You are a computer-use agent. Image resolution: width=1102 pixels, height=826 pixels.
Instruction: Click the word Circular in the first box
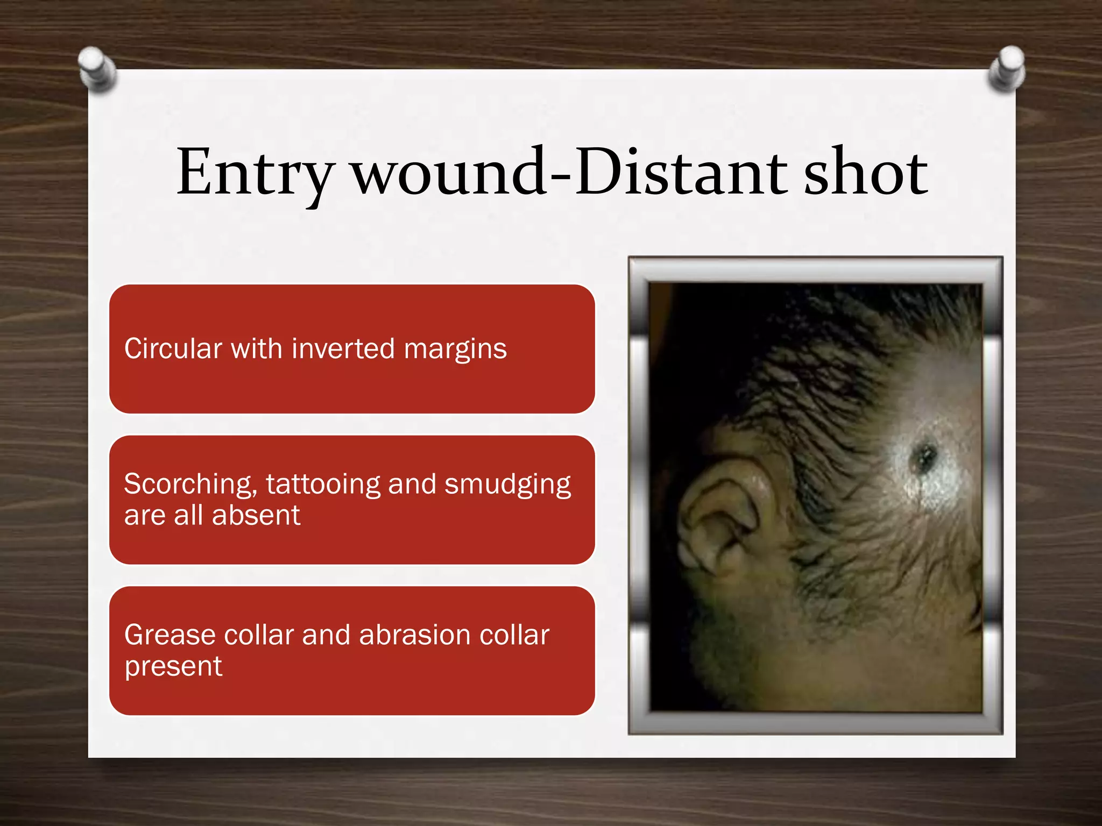(173, 348)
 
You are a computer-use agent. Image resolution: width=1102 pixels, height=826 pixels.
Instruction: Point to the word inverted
(343, 348)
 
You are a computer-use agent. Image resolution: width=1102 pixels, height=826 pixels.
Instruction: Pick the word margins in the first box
(455, 350)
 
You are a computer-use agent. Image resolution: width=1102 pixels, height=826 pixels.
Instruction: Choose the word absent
(256, 515)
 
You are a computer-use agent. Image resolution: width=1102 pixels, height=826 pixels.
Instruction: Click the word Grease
(169, 635)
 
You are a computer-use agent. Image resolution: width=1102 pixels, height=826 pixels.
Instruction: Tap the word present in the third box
(173, 667)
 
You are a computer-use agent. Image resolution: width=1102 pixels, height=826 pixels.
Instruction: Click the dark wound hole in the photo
(924, 457)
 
